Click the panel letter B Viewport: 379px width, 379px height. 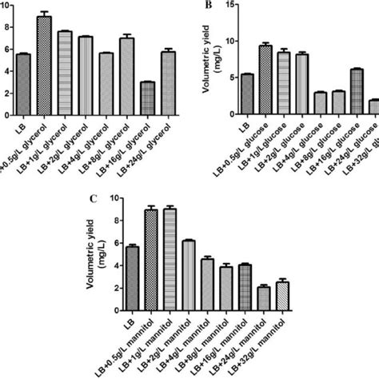click(209, 5)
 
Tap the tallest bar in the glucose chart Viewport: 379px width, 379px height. click(266, 79)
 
